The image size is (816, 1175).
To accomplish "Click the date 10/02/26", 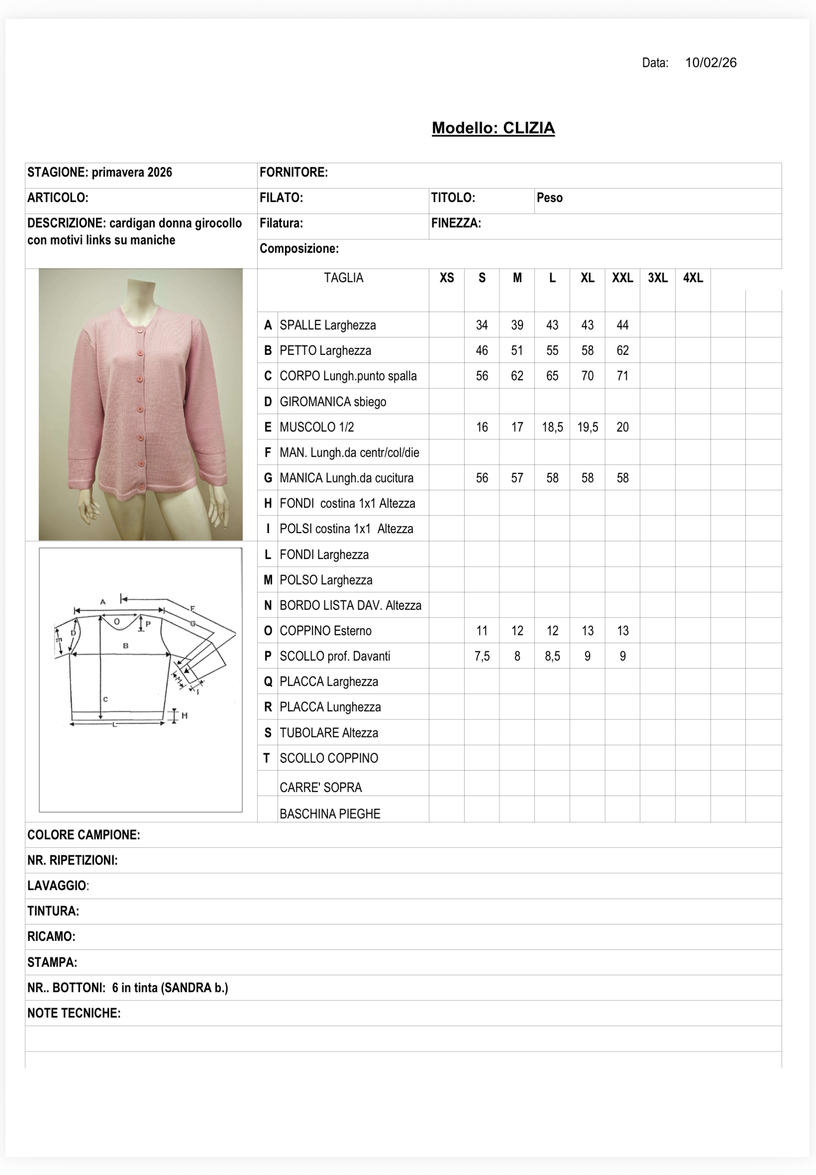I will [710, 62].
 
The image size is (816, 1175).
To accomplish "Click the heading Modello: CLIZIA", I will [493, 128].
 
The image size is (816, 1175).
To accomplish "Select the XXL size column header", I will [622, 278].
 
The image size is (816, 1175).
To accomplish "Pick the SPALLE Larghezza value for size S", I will [482, 325].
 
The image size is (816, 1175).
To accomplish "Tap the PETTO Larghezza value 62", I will [622, 351].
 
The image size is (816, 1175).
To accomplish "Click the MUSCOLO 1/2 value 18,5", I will [552, 427].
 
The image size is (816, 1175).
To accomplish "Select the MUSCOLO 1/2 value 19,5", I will [588, 427].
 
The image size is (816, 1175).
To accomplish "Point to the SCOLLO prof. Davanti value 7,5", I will [482, 656].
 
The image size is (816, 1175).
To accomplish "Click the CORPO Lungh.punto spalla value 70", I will [588, 376].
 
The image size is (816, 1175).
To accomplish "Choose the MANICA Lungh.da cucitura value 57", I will [517, 478].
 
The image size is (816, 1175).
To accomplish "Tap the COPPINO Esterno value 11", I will [482, 631].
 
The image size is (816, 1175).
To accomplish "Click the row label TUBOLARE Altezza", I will [329, 732].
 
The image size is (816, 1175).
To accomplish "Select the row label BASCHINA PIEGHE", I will [330, 814].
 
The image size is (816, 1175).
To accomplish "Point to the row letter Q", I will [267, 682].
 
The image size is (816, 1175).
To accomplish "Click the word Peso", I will [549, 198].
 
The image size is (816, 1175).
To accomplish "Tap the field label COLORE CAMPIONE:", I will [83, 835].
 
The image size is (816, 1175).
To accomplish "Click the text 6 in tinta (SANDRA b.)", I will [170, 988].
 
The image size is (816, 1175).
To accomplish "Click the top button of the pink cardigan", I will [140, 331].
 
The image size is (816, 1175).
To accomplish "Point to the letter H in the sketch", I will [185, 715].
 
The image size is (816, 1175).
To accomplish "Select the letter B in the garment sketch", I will [126, 646].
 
